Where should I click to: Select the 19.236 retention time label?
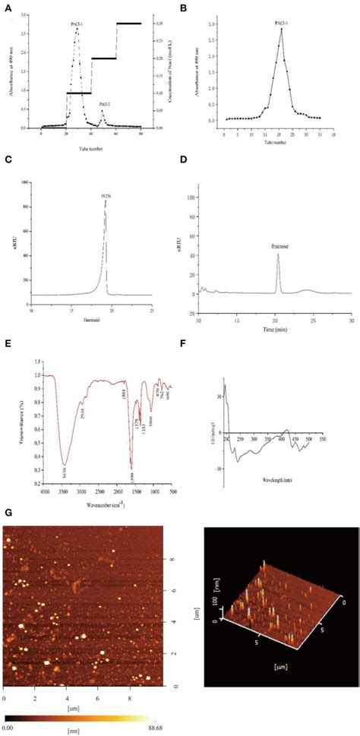coord(105,196)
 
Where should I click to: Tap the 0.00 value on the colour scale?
coord(8,728)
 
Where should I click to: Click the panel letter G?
coord(8,513)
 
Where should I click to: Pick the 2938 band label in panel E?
coord(84,413)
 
